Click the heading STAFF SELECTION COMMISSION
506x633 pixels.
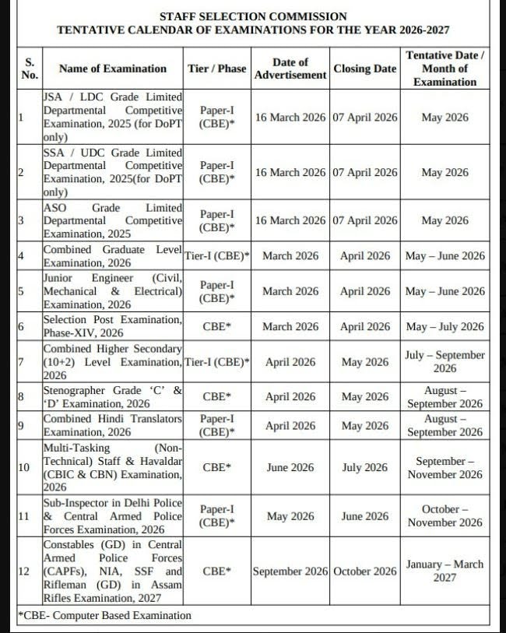point(253,16)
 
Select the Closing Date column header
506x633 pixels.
point(364,69)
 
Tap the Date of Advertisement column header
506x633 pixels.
point(290,69)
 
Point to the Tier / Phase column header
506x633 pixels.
point(217,69)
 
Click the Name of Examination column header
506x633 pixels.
point(113,69)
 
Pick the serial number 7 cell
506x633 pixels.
point(22,362)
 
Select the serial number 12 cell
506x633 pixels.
point(24,571)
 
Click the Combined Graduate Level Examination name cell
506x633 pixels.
point(113,256)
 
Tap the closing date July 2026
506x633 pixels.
point(364,468)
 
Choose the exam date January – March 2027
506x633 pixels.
point(445,571)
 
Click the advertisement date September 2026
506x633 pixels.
point(290,571)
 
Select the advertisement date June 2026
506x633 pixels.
point(290,468)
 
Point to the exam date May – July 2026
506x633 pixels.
point(445,327)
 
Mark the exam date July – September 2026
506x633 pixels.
point(445,362)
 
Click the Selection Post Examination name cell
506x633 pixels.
point(113,327)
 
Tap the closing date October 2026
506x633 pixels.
point(364,571)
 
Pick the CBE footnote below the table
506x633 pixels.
point(104,616)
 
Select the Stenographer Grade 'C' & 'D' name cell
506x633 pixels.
point(113,397)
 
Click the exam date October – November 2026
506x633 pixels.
point(445,516)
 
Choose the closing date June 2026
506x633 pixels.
point(364,516)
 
